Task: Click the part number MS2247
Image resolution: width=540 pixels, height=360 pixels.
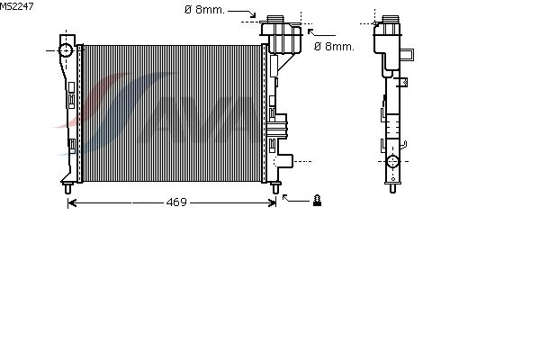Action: pyautogui.click(x=16, y=6)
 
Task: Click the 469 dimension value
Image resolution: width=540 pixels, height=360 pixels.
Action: pyautogui.click(x=176, y=202)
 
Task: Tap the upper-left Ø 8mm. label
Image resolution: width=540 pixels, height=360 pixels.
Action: pyautogui.click(x=204, y=10)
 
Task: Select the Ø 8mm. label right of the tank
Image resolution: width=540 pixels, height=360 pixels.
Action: pyautogui.click(x=334, y=47)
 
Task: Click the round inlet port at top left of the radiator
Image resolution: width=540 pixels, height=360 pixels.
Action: pyautogui.click(x=66, y=50)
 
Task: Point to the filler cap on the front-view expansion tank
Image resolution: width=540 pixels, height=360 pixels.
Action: pyautogui.click(x=274, y=19)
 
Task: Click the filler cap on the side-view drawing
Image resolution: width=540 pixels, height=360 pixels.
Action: pyautogui.click(x=391, y=19)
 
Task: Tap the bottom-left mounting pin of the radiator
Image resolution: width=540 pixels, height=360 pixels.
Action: pyautogui.click(x=67, y=188)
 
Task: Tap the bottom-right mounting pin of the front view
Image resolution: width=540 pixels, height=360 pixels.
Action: pyautogui.click(x=275, y=188)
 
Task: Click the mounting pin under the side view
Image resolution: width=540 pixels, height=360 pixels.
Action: pyautogui.click(x=392, y=188)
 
